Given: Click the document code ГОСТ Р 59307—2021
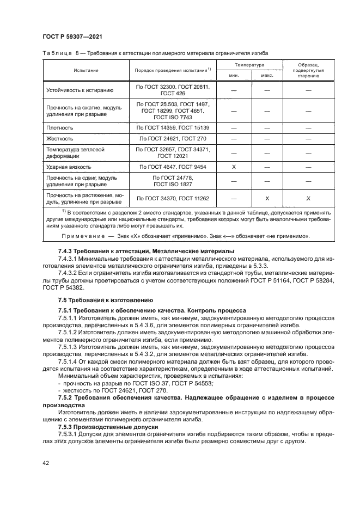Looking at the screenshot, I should tap(72, 36).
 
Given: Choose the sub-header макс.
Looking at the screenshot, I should tap(267, 76).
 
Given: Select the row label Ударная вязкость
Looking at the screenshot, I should tap(67, 166).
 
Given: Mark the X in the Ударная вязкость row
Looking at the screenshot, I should tap(233, 166).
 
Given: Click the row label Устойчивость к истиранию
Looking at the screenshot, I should tap(80, 90).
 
